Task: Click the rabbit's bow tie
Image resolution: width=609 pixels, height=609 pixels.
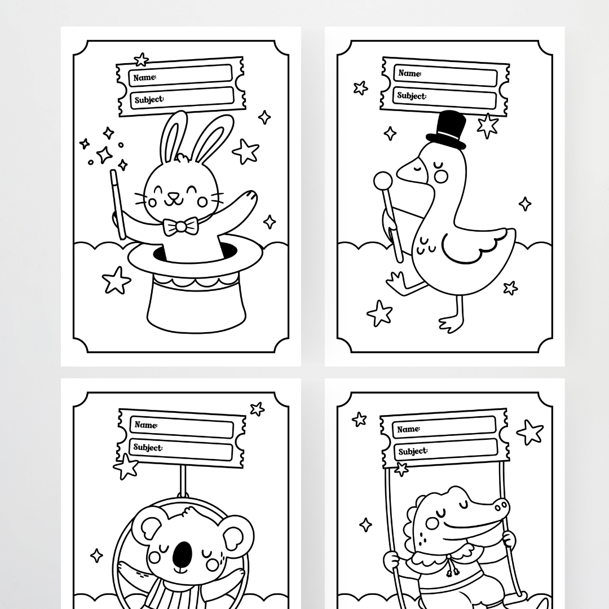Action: [180, 226]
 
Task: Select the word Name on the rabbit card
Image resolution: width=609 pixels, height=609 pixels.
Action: [145, 77]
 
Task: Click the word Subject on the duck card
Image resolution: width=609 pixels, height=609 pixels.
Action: [412, 95]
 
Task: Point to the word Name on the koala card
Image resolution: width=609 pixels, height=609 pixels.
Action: [146, 425]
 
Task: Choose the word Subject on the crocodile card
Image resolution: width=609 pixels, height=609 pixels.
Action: [413, 451]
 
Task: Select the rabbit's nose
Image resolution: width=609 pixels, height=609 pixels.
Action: [174, 196]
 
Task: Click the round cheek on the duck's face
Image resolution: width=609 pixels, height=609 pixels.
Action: [441, 176]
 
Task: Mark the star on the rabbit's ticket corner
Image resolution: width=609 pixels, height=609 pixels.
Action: [141, 59]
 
